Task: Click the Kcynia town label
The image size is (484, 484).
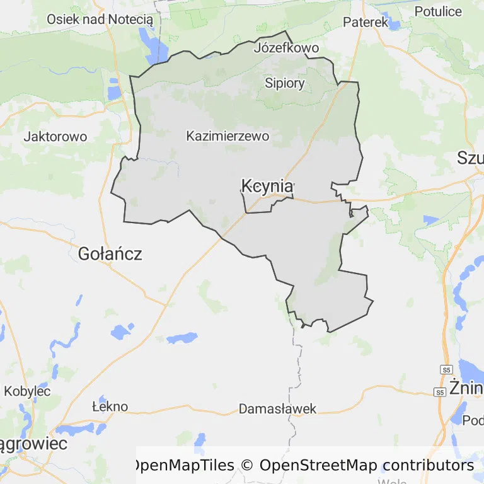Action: point(267,186)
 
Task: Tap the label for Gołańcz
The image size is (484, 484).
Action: point(110,254)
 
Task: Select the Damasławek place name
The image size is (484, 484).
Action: point(277,409)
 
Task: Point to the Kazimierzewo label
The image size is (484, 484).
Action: point(228,135)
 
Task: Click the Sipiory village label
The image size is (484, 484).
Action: point(284,83)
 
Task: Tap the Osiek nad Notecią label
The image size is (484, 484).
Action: point(100,19)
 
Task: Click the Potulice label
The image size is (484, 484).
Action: point(438,11)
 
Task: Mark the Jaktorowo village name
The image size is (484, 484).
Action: point(55,136)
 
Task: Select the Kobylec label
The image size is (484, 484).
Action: point(27,391)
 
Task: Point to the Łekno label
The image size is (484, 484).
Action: point(110,406)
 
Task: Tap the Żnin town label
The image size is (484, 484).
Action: point(466,386)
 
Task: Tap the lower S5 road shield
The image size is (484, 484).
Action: point(439,392)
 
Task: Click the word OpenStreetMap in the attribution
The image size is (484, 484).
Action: point(318,466)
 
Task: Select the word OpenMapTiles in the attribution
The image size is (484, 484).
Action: point(183,466)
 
